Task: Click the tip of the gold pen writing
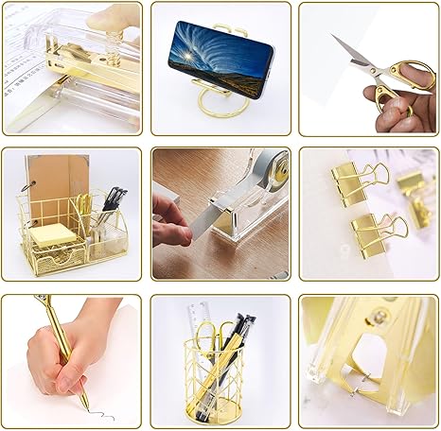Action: [x=84, y=408]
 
